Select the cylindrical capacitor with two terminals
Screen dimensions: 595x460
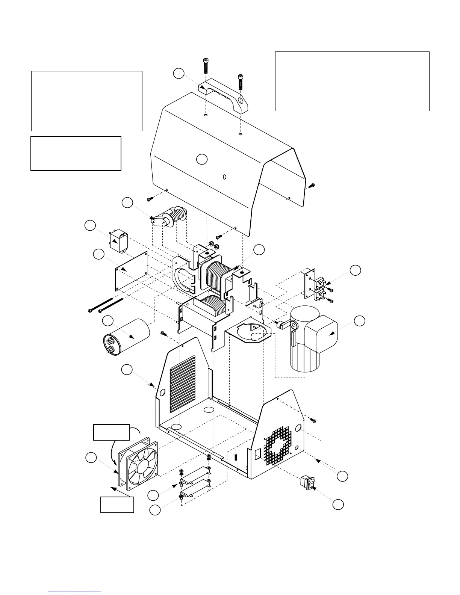coord(126,336)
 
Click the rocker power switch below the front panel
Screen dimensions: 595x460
coord(307,483)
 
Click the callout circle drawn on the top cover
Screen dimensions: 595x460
coord(202,159)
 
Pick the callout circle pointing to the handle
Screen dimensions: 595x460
coord(179,74)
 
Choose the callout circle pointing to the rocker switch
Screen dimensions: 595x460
coord(338,504)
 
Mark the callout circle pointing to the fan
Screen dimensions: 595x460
coord(91,458)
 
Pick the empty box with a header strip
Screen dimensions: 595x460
coord(352,81)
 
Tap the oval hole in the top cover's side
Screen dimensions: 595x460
coord(224,177)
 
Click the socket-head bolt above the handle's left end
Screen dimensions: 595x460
coord(206,66)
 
